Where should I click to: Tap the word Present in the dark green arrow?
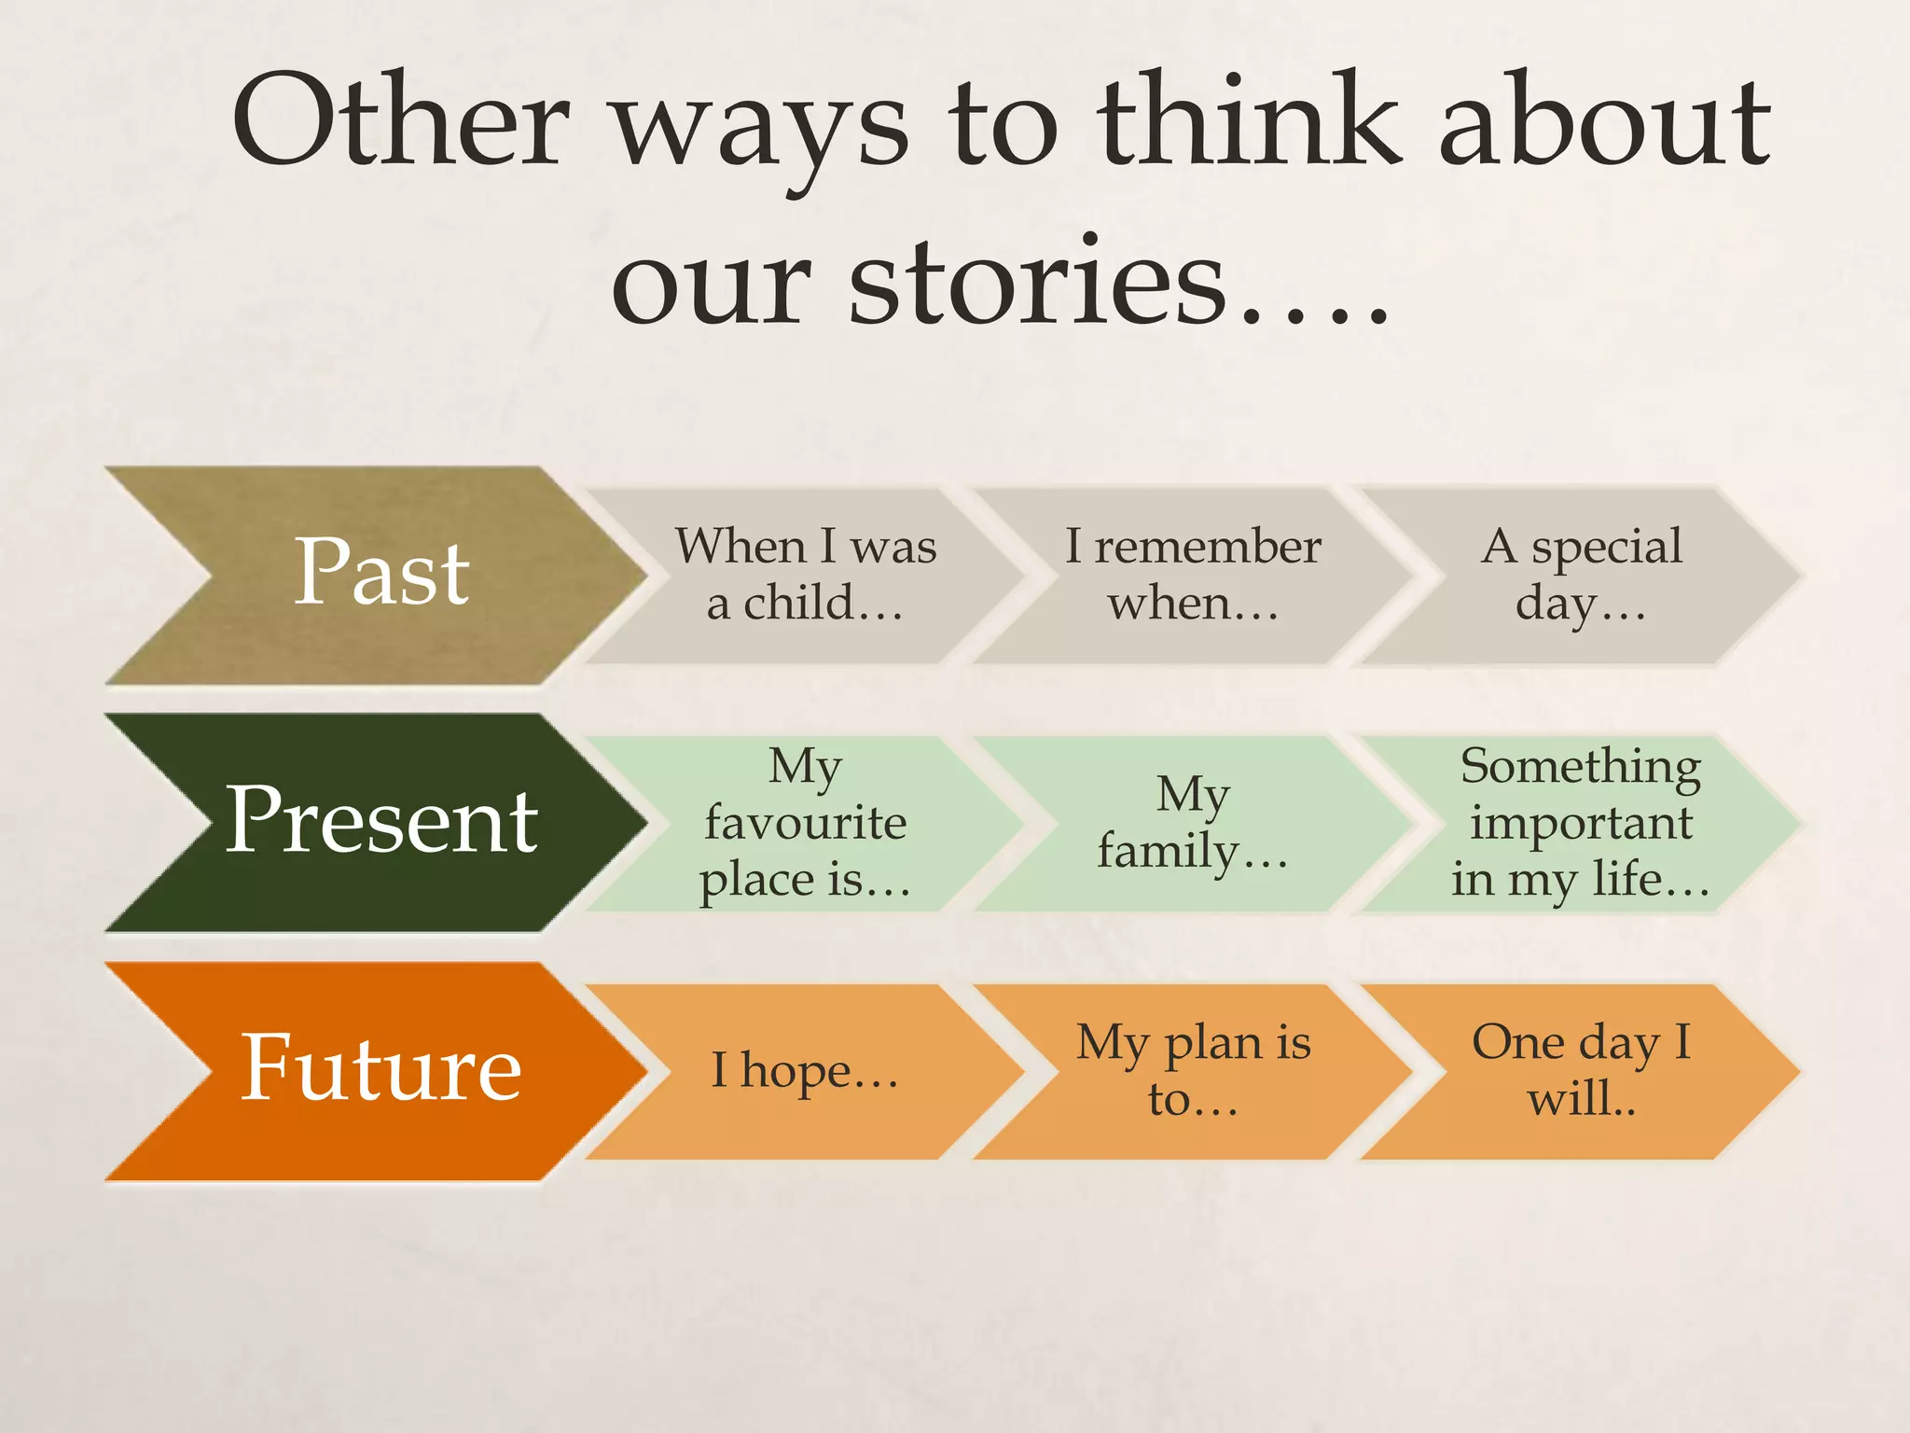coord(381,820)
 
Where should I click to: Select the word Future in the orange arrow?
coord(381,1068)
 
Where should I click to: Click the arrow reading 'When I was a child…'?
coord(806,575)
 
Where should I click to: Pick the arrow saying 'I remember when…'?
coord(1193,575)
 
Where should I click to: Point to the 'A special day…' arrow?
coord(1581,575)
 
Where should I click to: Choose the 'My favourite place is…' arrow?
coord(806,823)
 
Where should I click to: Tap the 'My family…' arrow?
coord(1193,823)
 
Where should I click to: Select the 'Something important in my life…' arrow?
coord(1581,823)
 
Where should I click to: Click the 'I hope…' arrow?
coord(806,1071)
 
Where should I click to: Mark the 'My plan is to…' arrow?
coord(1193,1071)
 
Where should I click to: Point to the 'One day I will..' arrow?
coord(1581,1071)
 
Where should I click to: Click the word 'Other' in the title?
coord(401,121)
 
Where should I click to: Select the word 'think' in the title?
coord(1250,121)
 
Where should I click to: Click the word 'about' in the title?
coord(1604,121)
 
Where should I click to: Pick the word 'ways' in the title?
coord(760,131)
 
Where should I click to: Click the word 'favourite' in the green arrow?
coord(806,823)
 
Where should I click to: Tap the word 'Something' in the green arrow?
coord(1581,767)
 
